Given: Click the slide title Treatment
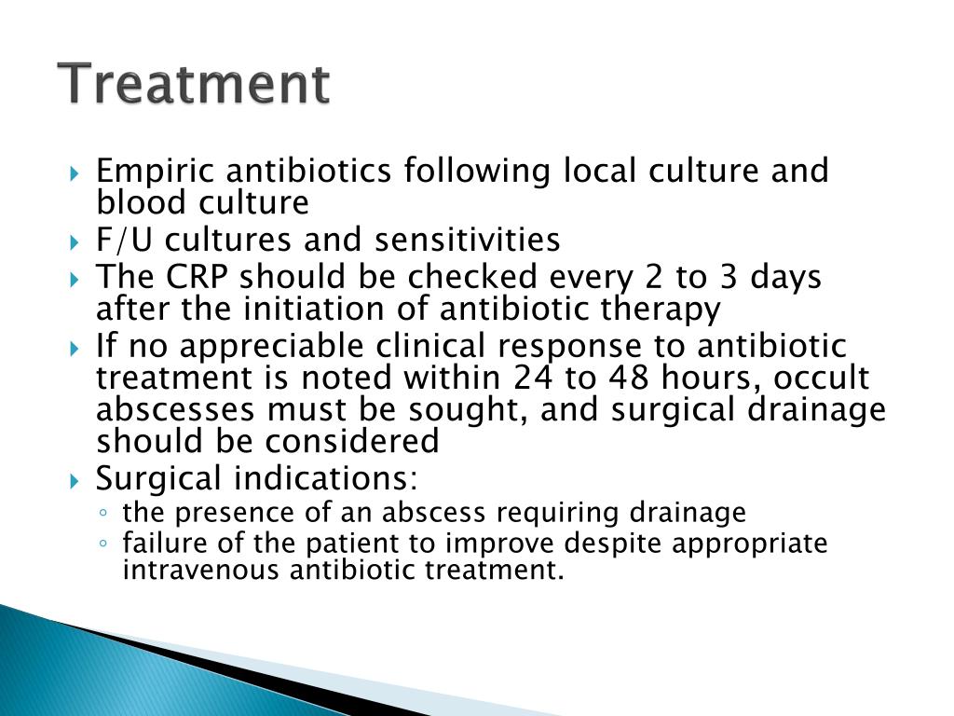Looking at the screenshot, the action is pos(194,83).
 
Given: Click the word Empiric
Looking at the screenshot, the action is pos(155,172).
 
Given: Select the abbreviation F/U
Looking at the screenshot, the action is pos(124,240).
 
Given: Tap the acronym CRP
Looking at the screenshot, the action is pos(197,276).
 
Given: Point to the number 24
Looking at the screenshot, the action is pos(533,378).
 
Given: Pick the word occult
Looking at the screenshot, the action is pos(821,378).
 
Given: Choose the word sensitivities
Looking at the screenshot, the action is pos(468,240).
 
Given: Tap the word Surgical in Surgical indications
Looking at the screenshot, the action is pos(158,478).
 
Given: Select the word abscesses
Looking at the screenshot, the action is pos(175,409).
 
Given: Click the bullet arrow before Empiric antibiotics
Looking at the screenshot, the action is pos(75,174).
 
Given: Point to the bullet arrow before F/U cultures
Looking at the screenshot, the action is pos(75,243).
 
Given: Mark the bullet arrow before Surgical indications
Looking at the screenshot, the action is pos(75,482).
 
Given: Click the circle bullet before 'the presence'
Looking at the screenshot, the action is pos(102,514).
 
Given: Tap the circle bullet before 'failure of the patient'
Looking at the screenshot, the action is pos(102,544).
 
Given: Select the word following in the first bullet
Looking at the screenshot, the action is pos(477,172).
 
